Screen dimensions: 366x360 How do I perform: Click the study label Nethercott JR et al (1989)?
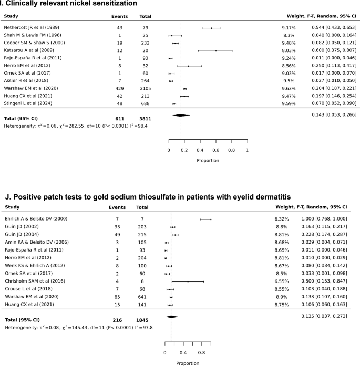[x=30, y=28]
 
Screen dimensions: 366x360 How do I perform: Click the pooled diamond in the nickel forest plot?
[x=180, y=116]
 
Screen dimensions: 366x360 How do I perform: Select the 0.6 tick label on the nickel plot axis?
[x=215, y=150]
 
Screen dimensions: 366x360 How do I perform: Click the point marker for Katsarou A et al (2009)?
[x=215, y=51]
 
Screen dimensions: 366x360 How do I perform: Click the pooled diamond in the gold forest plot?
[x=171, y=316]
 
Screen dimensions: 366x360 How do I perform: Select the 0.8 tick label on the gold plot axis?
[x=201, y=352]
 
